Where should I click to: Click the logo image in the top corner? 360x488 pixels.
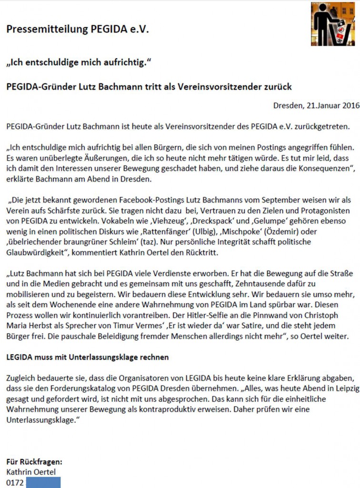pos(335,24)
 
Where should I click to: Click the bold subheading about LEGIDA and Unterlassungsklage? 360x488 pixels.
pos(88,357)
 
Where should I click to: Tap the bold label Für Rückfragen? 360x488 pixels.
pos(34,462)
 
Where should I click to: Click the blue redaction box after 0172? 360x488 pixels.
pos(43,482)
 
